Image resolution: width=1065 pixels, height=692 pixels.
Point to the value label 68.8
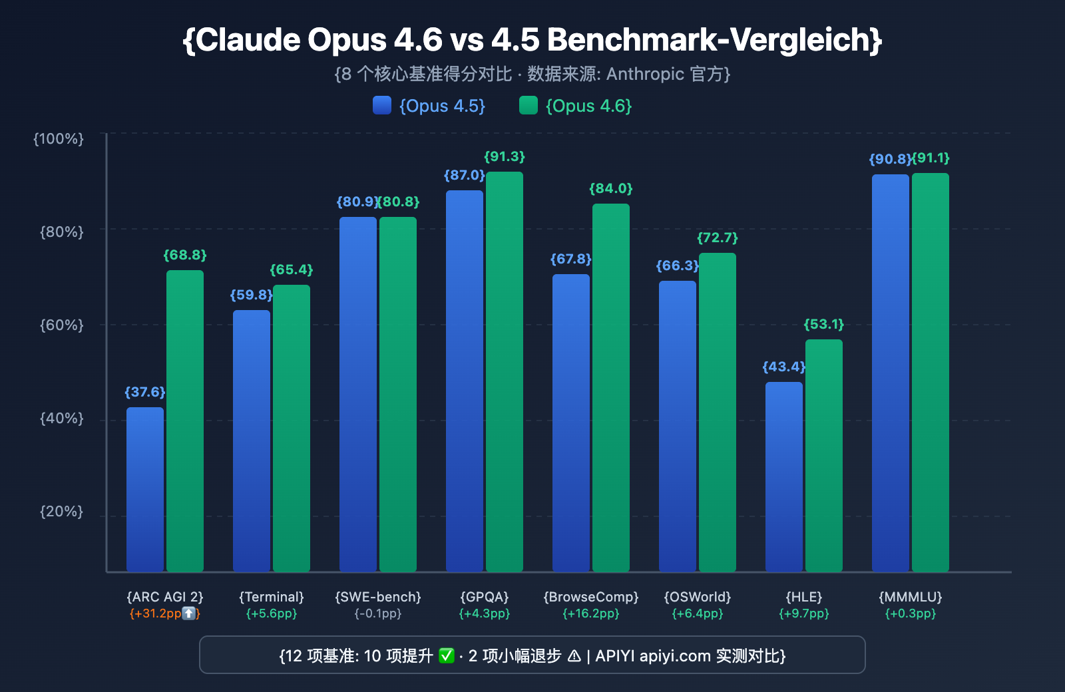tap(185, 255)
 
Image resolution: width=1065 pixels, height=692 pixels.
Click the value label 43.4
tap(783, 367)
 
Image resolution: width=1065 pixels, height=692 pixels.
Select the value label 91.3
tap(505, 156)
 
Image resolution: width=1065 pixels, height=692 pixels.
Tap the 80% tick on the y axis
tap(62, 232)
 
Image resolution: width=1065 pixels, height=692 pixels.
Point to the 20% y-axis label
tap(62, 511)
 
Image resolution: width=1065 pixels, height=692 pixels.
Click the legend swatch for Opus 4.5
tap(382, 105)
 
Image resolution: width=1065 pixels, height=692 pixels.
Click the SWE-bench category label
tap(378, 597)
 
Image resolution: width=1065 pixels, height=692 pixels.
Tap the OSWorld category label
tap(698, 597)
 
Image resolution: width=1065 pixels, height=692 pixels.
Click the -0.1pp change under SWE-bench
tap(378, 613)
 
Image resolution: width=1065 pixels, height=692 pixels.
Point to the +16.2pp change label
tap(591, 613)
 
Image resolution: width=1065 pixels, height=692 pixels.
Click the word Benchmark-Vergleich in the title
tap(710, 40)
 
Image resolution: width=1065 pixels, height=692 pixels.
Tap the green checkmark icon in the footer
tap(447, 656)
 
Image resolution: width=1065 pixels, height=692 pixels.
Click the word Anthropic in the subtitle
tap(645, 74)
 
